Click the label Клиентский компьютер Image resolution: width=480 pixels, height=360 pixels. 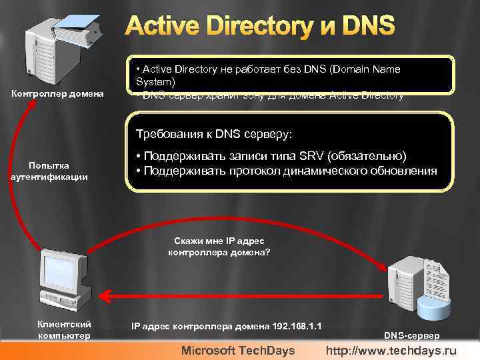coord(64,329)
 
